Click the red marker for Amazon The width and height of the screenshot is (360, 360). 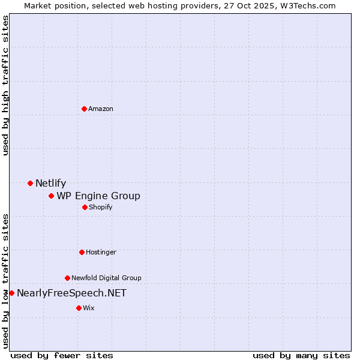coord(84,109)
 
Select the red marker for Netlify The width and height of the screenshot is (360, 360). coord(30,183)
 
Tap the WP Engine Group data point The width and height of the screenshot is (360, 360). coord(51,196)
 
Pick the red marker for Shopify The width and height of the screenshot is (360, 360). coord(85,207)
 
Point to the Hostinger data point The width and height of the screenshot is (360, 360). coord(82,252)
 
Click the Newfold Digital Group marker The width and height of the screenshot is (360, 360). coord(67,278)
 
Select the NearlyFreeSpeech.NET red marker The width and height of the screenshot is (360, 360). coord(11,293)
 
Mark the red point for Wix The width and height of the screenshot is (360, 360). coord(79,308)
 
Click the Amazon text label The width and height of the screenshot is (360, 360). coord(101,109)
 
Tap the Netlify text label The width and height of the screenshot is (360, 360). coord(50,184)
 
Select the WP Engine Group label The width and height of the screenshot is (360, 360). coord(98,196)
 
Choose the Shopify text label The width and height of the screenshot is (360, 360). coord(101,207)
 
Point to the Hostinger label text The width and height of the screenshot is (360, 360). coord(101,252)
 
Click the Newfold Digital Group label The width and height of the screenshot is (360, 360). coord(106,278)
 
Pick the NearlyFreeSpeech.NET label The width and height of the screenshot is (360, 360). coord(71,293)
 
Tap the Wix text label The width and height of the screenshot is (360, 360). coord(89,308)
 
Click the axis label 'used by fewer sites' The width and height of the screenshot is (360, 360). coord(62,355)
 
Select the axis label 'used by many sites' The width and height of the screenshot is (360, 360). coord(301,355)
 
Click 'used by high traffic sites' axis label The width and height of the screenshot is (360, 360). coord(6,85)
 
